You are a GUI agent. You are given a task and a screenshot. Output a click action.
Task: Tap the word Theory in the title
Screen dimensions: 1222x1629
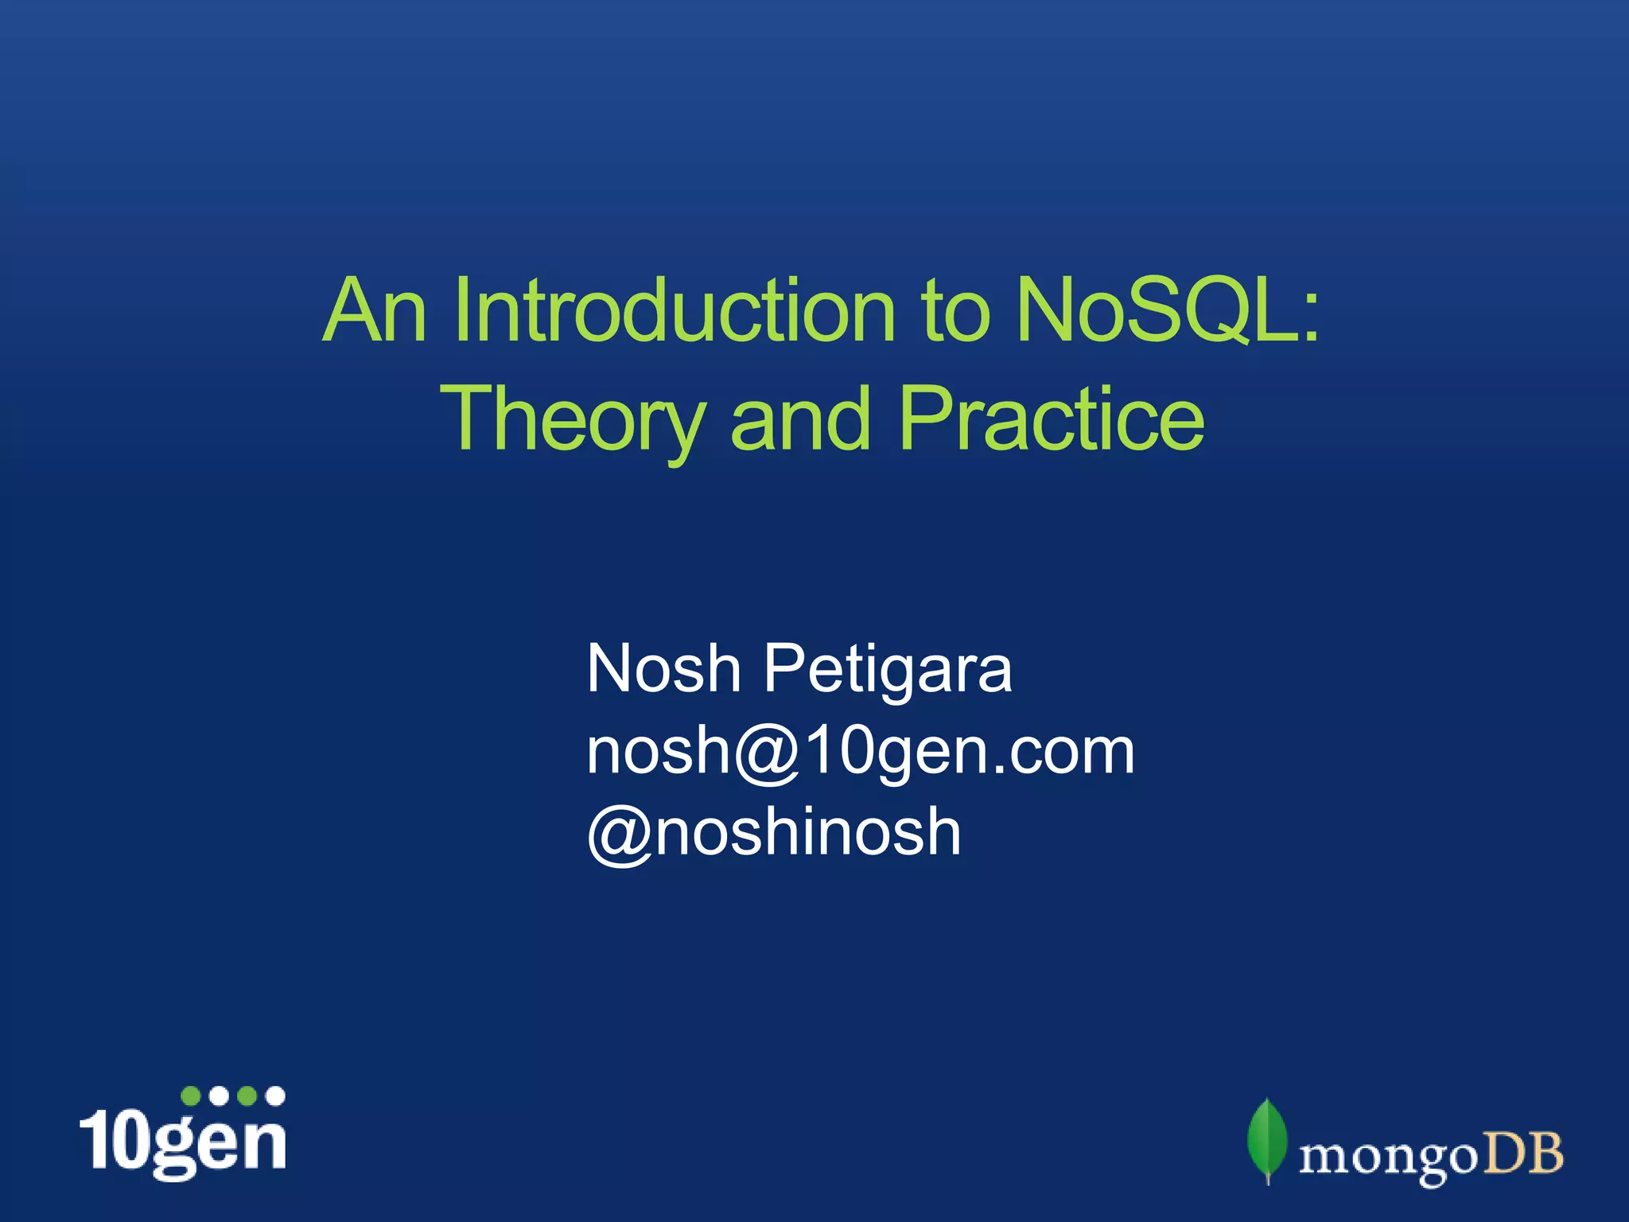[x=573, y=420]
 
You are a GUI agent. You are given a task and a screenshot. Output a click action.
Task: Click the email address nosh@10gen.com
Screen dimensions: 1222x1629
[x=860, y=751]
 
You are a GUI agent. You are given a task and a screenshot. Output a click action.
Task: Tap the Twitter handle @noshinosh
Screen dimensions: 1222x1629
[x=773, y=832]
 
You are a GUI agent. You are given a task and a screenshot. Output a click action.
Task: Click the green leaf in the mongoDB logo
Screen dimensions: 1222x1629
[x=1266, y=1139]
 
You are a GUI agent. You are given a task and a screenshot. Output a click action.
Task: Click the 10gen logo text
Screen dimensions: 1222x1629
[x=183, y=1142]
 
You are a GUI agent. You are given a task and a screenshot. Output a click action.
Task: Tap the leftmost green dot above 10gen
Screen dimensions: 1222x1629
[x=191, y=1096]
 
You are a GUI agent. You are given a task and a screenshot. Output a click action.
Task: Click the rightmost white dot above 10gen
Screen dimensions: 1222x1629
[x=275, y=1096]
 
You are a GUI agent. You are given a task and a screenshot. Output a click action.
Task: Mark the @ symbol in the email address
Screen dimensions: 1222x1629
[x=767, y=753]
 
